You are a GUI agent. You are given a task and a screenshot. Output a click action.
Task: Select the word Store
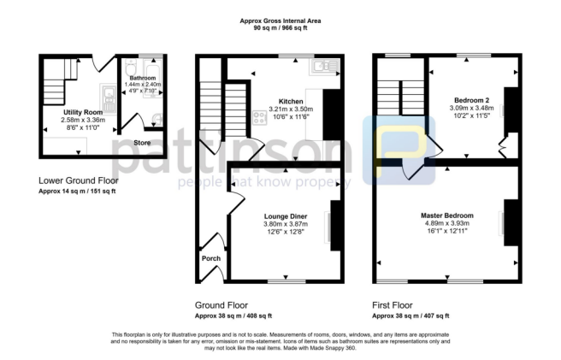(x=144, y=143)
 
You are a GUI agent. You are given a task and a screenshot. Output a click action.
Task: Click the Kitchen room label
(x=281, y=101)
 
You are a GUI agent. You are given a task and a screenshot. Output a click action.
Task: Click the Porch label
(x=210, y=257)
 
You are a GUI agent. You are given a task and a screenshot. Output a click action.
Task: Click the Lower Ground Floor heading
(x=79, y=180)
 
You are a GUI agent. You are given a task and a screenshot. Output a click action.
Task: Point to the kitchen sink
(x=326, y=65)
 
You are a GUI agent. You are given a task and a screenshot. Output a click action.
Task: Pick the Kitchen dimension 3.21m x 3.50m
(x=281, y=109)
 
